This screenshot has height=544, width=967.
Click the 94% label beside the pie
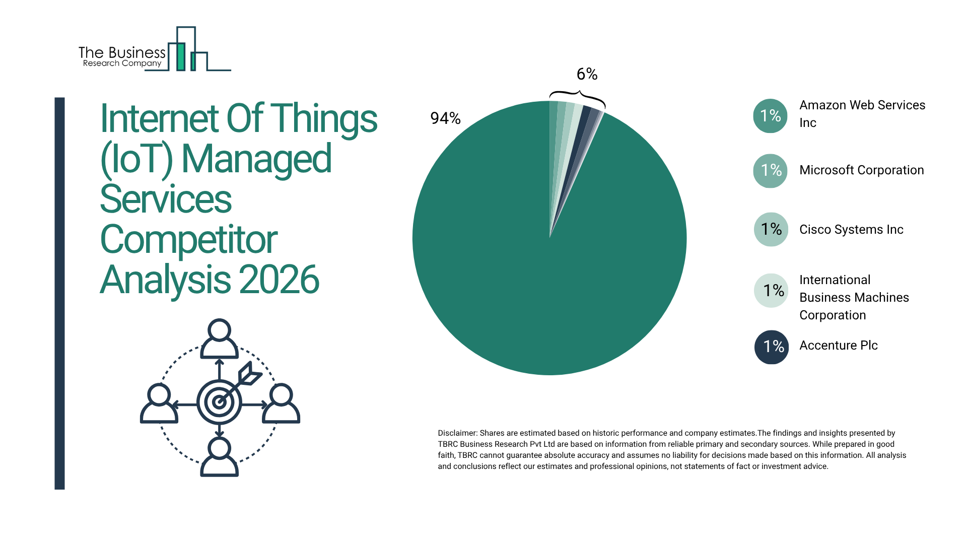pyautogui.click(x=445, y=118)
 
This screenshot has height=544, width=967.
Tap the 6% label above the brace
pyautogui.click(x=587, y=75)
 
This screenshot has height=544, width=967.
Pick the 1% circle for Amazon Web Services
pyautogui.click(x=770, y=116)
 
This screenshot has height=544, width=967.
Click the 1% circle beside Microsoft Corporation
pyautogui.click(x=770, y=171)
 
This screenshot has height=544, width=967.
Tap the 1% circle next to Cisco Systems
pyautogui.click(x=771, y=230)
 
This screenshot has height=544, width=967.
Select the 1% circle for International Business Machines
pyautogui.click(x=771, y=291)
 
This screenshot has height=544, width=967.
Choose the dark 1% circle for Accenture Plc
pyautogui.click(x=771, y=347)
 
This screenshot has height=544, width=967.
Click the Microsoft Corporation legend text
pyautogui.click(x=861, y=170)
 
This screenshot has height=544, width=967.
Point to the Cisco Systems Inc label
pyautogui.click(x=851, y=230)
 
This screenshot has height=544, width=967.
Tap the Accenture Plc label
pyautogui.click(x=838, y=346)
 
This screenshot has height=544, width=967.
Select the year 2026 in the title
pyautogui.click(x=279, y=280)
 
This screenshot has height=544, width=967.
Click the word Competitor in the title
pyautogui.click(x=188, y=240)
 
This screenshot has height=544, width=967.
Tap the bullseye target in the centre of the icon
pyautogui.click(x=219, y=402)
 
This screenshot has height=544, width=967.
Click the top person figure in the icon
pyautogui.click(x=219, y=338)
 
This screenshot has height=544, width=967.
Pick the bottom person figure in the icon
pyautogui.click(x=219, y=456)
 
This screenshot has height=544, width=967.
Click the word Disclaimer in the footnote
pyautogui.click(x=457, y=433)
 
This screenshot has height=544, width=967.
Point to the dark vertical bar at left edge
pyautogui.click(x=59, y=293)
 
